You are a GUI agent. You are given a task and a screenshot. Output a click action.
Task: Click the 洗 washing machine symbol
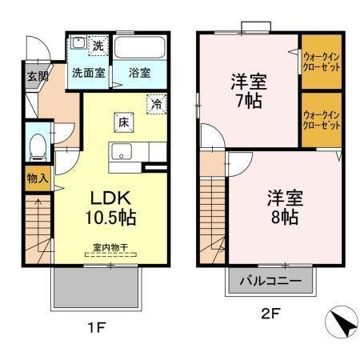click(97, 46)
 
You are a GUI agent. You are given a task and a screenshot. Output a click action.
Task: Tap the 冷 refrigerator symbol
click(157, 103)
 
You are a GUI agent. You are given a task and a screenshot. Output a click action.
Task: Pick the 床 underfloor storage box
click(124, 123)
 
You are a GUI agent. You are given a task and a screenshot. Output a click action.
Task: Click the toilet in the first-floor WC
click(36, 146)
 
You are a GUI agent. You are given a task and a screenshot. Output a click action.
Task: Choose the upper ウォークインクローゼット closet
click(322, 62)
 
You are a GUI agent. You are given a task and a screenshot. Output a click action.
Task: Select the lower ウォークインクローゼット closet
click(322, 120)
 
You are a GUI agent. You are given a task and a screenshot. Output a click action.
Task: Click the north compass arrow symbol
click(341, 324)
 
